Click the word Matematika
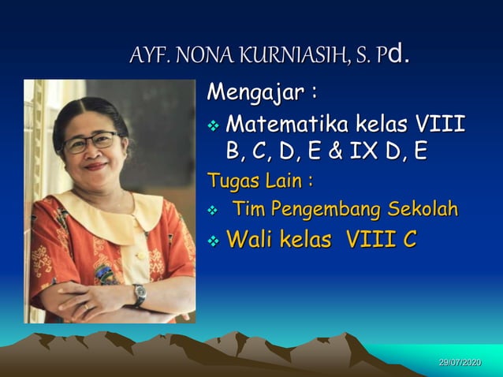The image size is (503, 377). pyautogui.click(x=288, y=125)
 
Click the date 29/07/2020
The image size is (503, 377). pyautogui.click(x=460, y=361)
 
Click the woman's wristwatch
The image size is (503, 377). pyautogui.click(x=140, y=294)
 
